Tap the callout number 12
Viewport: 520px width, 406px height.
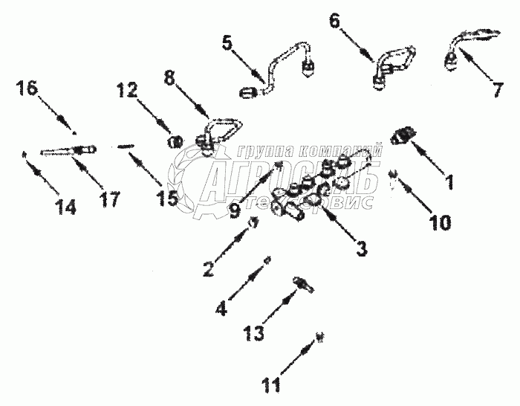click(x=127, y=90)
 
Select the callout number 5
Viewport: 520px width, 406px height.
click(x=227, y=43)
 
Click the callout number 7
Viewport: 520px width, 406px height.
click(x=496, y=87)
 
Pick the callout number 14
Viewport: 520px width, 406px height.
click(x=65, y=207)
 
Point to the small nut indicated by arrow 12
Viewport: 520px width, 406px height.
click(x=176, y=141)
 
